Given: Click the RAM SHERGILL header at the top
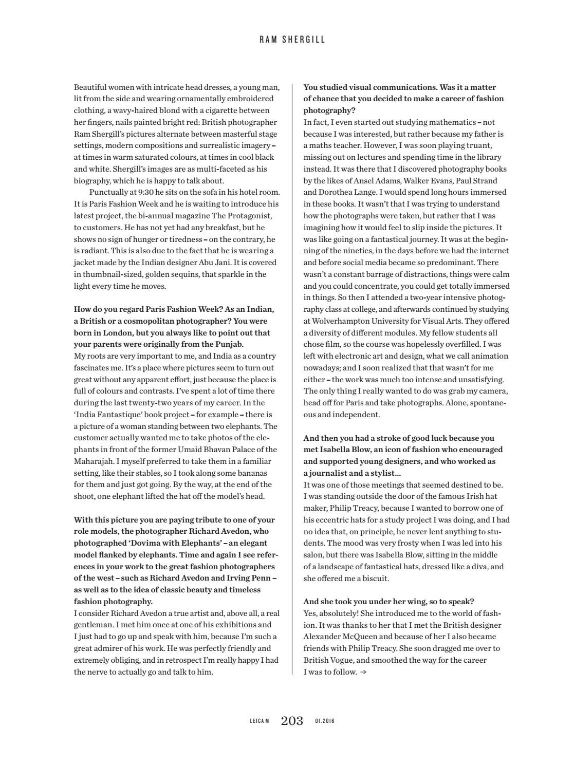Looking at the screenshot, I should click(x=292, y=40).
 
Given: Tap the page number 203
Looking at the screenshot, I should click(x=292, y=721).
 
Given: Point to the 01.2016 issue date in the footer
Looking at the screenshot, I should click(x=325, y=721).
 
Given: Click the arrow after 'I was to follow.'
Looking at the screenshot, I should click(x=363, y=672).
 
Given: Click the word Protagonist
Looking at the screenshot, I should click(x=250, y=216).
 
